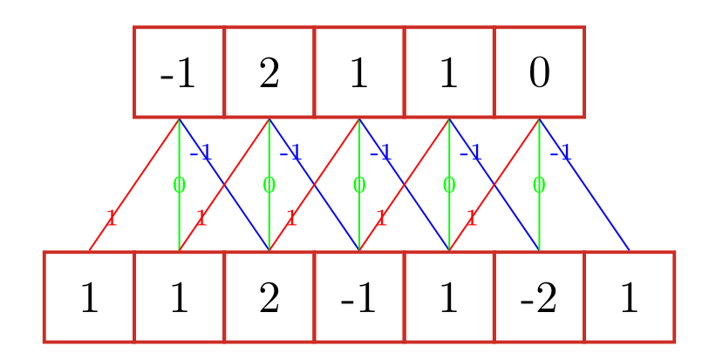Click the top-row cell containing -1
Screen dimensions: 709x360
coord(179,72)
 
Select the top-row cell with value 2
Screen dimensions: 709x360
coord(269,72)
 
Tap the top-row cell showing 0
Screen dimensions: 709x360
coord(539,72)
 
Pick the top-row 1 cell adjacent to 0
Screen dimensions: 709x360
coord(449,72)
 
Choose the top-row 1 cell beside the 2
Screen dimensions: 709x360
coord(358,72)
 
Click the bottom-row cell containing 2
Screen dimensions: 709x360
coord(269,297)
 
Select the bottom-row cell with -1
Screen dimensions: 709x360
coord(358,297)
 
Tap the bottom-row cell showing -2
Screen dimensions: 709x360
coord(539,297)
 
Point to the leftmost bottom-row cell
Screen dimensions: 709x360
coord(89,297)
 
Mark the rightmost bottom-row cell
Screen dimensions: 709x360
coord(629,297)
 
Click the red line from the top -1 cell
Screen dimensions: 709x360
coord(140,177)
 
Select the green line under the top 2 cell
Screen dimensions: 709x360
coord(269,218)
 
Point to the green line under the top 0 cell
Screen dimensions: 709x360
coord(539,218)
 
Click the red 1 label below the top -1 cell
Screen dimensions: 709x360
coord(111,218)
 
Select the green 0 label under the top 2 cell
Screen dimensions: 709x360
coord(269,185)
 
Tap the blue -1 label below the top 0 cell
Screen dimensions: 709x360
coord(560,154)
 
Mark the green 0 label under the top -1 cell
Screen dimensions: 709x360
coord(179,185)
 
